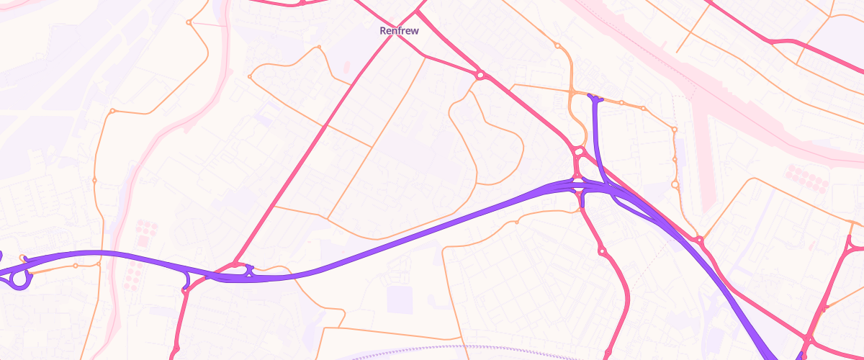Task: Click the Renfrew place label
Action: [x=399, y=31]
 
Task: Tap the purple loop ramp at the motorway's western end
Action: [x=20, y=279]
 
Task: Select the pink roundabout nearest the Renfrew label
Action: [x=480, y=74]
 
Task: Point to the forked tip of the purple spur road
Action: [x=595, y=96]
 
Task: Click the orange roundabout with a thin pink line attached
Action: [x=189, y=22]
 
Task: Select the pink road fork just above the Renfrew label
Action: [x=418, y=12]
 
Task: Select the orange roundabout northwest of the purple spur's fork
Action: [x=557, y=45]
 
